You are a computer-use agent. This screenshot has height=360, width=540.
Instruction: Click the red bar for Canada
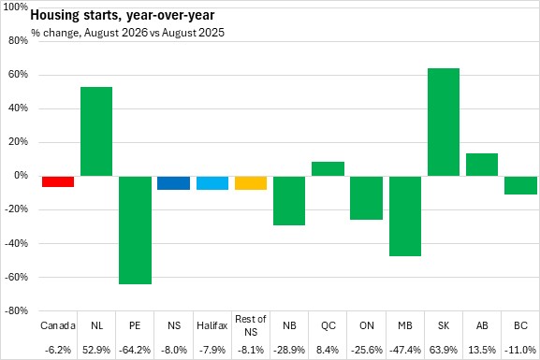click(x=58, y=181)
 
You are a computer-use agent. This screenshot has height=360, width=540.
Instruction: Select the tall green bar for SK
click(x=444, y=122)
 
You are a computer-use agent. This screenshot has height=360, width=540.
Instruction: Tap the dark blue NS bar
click(x=173, y=182)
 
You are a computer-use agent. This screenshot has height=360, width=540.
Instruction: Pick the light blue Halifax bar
click(x=212, y=182)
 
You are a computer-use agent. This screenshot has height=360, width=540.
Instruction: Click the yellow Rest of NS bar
click(x=251, y=182)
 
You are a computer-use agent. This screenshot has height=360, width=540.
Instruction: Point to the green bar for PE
click(x=135, y=230)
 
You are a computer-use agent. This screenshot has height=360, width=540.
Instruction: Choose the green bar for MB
click(x=405, y=216)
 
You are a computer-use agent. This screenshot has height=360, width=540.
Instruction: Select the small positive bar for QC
click(x=328, y=169)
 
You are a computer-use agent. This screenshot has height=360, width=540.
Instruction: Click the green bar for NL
click(x=96, y=132)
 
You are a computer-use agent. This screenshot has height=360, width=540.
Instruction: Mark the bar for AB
click(x=482, y=165)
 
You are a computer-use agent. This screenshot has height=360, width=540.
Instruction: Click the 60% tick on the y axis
click(x=19, y=75)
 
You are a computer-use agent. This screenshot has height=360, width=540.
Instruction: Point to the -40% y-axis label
click(x=17, y=243)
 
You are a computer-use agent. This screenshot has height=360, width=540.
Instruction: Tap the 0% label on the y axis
click(x=21, y=176)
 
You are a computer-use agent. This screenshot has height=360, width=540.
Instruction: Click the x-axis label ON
click(x=367, y=325)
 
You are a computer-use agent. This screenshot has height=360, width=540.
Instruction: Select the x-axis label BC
click(x=520, y=325)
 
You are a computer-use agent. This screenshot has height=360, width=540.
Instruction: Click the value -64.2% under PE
click(x=135, y=350)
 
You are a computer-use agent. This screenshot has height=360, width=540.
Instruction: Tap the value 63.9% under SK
click(x=444, y=350)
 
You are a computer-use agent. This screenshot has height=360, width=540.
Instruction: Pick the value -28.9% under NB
click(x=289, y=350)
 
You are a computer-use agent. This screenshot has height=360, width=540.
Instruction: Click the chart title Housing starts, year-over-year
click(x=123, y=16)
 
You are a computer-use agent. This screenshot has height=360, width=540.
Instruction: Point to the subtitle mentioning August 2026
click(x=128, y=33)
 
